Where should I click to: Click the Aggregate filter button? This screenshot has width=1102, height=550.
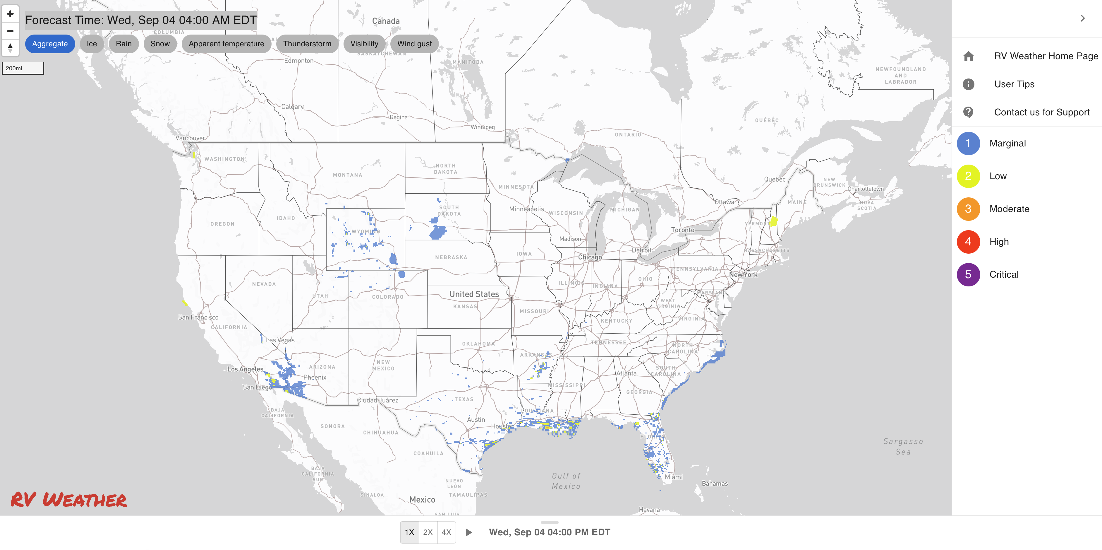(50, 44)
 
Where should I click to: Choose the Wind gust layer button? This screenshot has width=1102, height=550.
(414, 44)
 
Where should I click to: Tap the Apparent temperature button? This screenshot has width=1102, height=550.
(226, 44)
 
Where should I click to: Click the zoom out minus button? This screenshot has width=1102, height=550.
(10, 31)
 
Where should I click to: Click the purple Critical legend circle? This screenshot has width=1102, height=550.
(968, 274)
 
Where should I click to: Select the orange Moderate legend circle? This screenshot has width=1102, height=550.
(968, 209)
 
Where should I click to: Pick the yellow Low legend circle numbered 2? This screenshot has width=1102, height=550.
(968, 176)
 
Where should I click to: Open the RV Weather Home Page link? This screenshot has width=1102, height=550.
(1046, 56)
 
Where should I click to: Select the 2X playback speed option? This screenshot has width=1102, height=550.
(428, 532)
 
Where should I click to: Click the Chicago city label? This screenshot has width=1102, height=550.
(590, 257)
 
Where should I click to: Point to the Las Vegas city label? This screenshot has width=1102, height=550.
(280, 340)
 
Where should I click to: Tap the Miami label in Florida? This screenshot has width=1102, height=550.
(673, 477)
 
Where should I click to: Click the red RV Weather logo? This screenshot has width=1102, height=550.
(68, 500)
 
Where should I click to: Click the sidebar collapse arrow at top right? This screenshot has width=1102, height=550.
(1082, 18)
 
